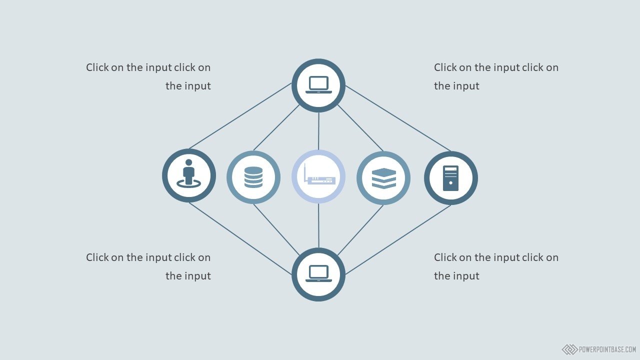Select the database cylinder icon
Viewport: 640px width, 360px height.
coord(253,177)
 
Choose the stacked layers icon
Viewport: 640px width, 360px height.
coord(383,178)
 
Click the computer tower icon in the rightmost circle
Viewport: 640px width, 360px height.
coord(450,178)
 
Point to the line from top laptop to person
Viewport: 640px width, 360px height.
coord(240,116)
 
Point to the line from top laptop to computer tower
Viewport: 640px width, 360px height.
coord(398,118)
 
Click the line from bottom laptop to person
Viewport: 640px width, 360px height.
coord(240,238)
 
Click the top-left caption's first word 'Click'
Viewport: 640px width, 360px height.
coord(97,67)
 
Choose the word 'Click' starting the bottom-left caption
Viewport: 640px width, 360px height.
coord(97,257)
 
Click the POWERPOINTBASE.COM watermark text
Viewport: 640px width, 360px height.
coord(607,349)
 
